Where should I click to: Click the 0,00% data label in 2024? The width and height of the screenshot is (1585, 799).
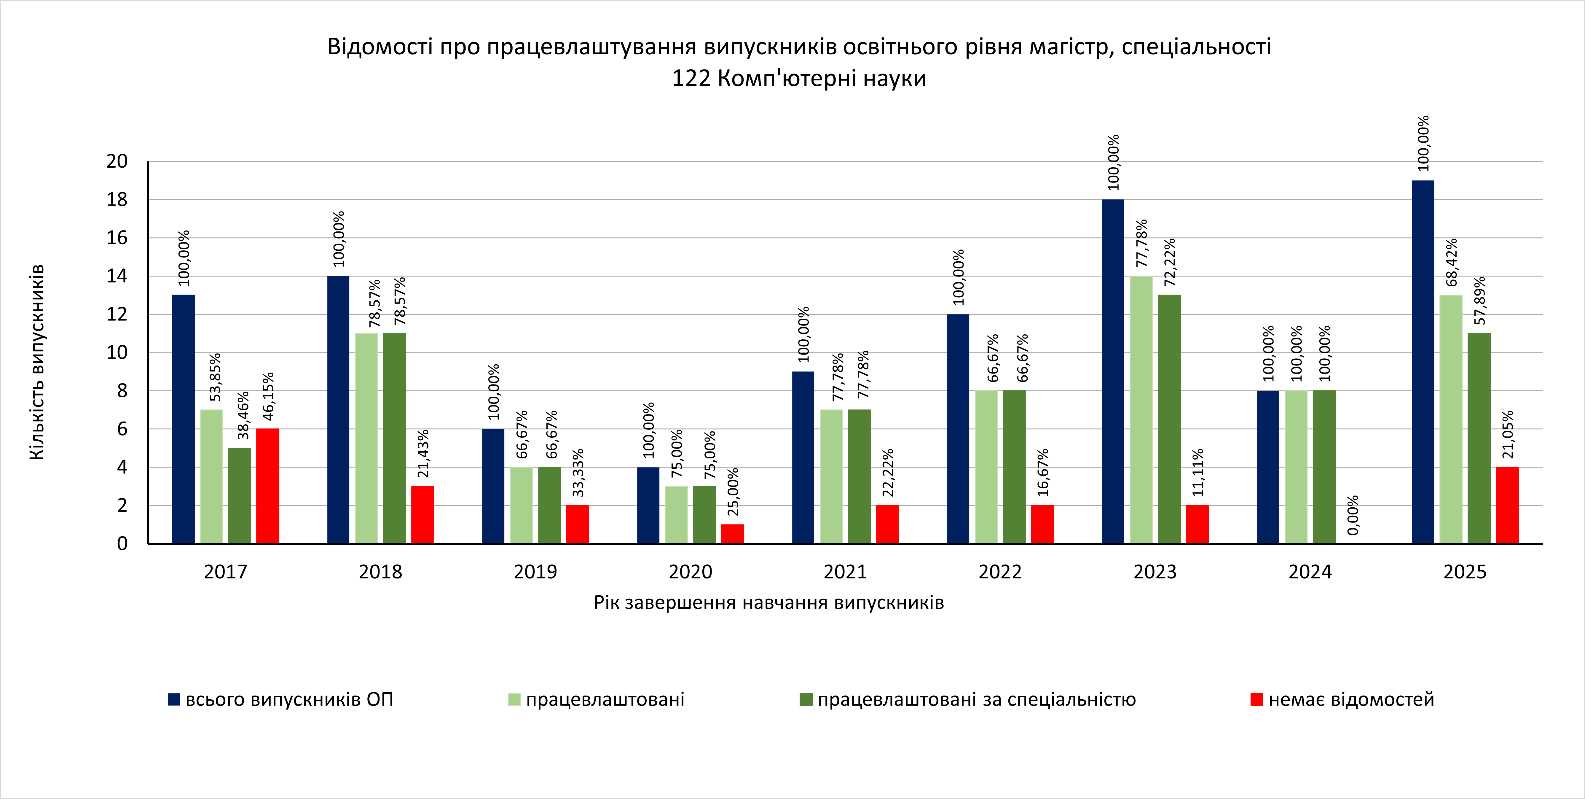[x=1353, y=515]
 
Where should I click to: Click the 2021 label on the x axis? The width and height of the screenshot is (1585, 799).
[x=845, y=572]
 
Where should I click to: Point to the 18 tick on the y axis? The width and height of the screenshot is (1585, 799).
[x=117, y=199]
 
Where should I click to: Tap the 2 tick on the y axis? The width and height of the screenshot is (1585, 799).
[x=122, y=505]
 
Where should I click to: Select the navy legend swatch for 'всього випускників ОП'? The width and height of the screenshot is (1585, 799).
[x=173, y=699]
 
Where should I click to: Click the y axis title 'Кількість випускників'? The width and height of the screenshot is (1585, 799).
[x=37, y=362]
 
